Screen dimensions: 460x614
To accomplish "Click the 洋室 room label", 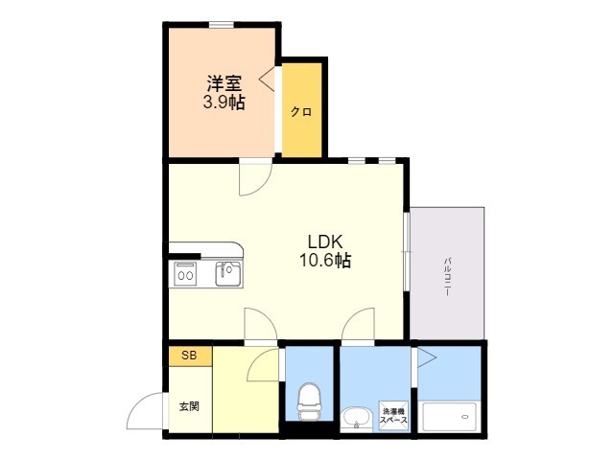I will click(x=223, y=83).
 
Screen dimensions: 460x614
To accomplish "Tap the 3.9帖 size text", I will click(x=223, y=103).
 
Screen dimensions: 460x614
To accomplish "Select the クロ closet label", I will click(x=301, y=111).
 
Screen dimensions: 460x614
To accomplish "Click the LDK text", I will click(x=325, y=241).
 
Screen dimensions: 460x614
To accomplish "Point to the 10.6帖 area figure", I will click(x=325, y=260).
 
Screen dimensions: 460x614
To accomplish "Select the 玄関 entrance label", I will click(x=188, y=406).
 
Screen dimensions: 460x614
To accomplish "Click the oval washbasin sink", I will click(x=356, y=419).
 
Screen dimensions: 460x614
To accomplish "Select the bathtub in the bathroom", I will click(x=450, y=418).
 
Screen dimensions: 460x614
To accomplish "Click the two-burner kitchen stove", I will click(x=184, y=275).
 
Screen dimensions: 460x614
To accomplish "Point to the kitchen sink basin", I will click(x=228, y=274).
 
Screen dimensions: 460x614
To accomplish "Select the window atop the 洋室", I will click(x=223, y=24).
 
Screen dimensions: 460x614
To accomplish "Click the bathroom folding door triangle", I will click(x=426, y=358).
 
